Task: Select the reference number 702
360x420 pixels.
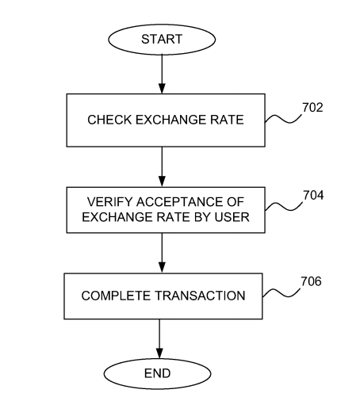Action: [x=312, y=108]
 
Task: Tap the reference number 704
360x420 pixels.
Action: [x=313, y=195]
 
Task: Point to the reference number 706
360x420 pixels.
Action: [x=311, y=281]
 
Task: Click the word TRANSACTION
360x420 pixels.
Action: [x=200, y=296]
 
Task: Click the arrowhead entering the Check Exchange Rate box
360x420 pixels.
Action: [x=162, y=89]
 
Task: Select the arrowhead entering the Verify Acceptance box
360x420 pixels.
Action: [x=162, y=181]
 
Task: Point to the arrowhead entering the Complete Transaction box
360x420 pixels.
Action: [x=162, y=268]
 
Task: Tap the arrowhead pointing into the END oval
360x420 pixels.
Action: [x=159, y=353]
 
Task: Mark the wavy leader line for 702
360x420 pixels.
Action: [x=283, y=119]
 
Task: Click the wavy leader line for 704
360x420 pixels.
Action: [x=284, y=207]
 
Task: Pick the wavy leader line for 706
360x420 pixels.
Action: [x=281, y=293]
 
